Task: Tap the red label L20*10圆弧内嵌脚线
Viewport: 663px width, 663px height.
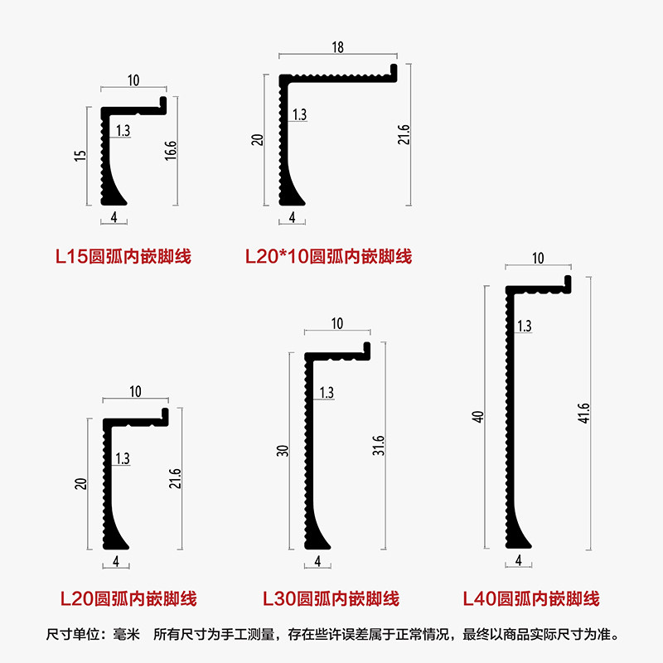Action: tap(328, 256)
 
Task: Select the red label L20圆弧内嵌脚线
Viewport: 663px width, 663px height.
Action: tap(128, 598)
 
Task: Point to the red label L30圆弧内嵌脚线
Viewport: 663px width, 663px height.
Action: tap(331, 598)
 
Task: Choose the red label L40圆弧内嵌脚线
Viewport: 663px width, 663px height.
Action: tap(530, 598)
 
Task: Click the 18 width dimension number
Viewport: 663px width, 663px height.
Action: tap(337, 49)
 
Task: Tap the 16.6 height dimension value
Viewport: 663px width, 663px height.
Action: tap(170, 152)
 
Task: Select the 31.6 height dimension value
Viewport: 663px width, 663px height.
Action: tap(380, 446)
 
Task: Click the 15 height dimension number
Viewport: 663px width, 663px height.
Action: tap(80, 155)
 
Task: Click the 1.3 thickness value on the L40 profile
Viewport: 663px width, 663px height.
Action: tap(524, 327)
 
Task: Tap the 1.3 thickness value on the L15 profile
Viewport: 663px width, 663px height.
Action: tap(123, 131)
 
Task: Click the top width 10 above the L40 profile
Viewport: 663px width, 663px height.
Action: tap(538, 259)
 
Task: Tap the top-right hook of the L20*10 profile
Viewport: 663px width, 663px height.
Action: tap(394, 72)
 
